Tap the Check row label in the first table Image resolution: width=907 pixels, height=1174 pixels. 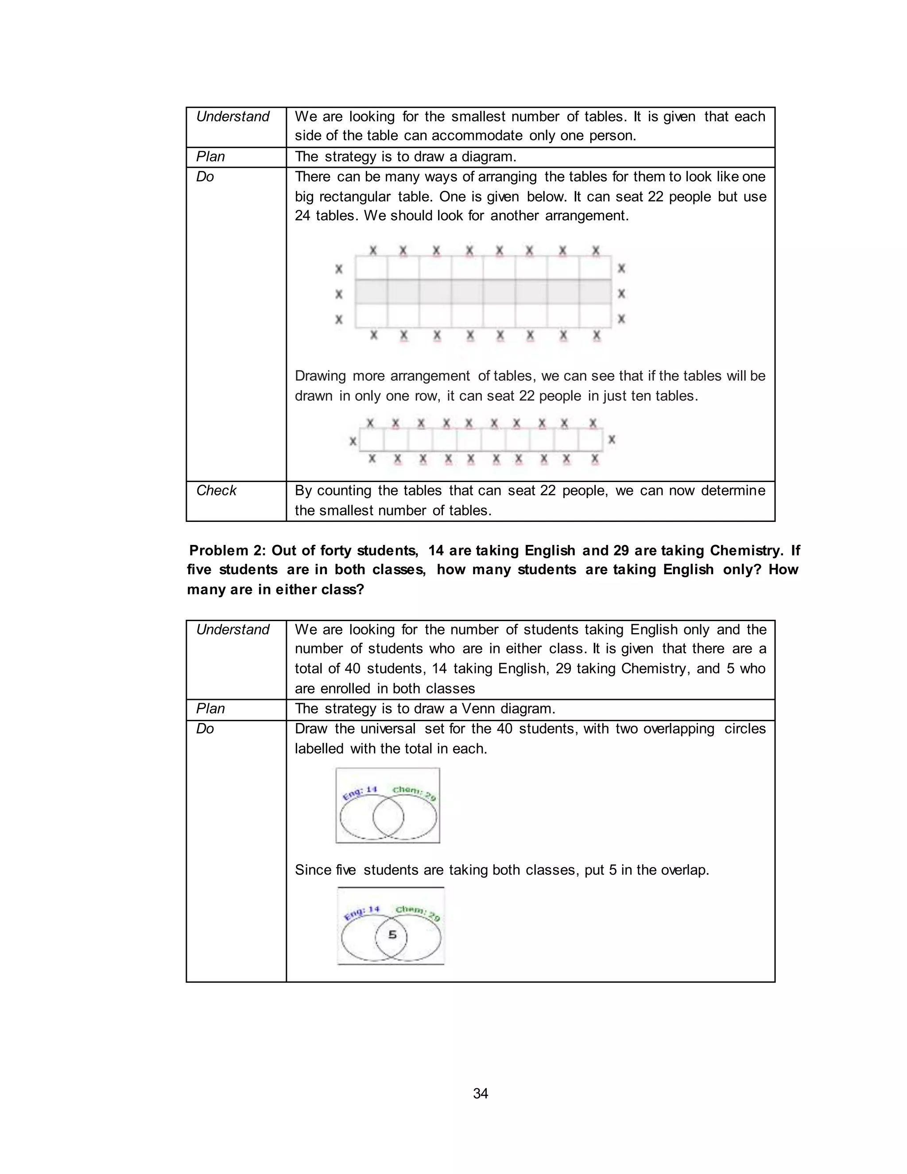pos(216,490)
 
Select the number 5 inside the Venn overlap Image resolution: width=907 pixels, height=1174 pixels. pos(392,935)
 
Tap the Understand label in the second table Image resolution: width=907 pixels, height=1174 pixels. pos(233,630)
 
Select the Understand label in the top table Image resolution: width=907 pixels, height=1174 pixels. pos(233,117)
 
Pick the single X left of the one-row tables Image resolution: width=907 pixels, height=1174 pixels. pos(353,441)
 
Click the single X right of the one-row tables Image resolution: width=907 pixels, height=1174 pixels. pos(612,440)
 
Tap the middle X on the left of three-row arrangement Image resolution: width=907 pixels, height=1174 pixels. pos(339,294)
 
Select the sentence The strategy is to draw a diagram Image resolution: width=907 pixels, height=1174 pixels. pos(405,156)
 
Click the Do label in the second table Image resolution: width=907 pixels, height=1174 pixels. pos(205,729)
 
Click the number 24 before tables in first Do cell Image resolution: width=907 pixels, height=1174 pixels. pos(302,216)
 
